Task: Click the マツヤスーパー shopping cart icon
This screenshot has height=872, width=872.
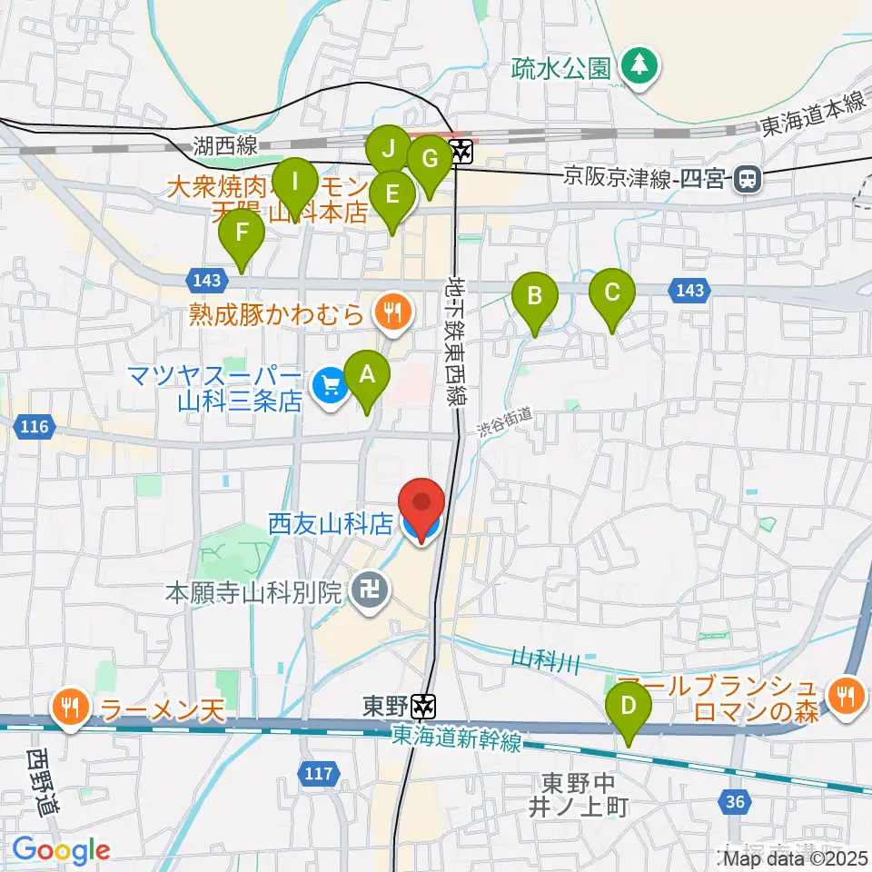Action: (329, 387)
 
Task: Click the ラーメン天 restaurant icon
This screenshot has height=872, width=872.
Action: (70, 708)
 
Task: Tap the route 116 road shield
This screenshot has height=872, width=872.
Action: (36, 424)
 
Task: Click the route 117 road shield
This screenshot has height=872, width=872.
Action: (315, 773)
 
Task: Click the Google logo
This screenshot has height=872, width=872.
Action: (61, 850)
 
